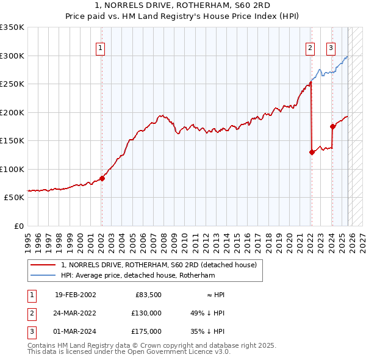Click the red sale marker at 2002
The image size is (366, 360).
coord(102,178)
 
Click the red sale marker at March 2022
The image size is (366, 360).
coord(312,153)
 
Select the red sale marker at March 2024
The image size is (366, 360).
coord(332,127)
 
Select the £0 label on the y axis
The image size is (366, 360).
coord(19,226)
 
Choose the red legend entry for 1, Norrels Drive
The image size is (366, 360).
coord(159,265)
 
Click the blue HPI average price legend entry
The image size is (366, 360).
coord(138,275)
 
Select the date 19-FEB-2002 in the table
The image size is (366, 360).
coord(75,295)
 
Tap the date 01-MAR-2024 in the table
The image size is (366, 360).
coord(75,331)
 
